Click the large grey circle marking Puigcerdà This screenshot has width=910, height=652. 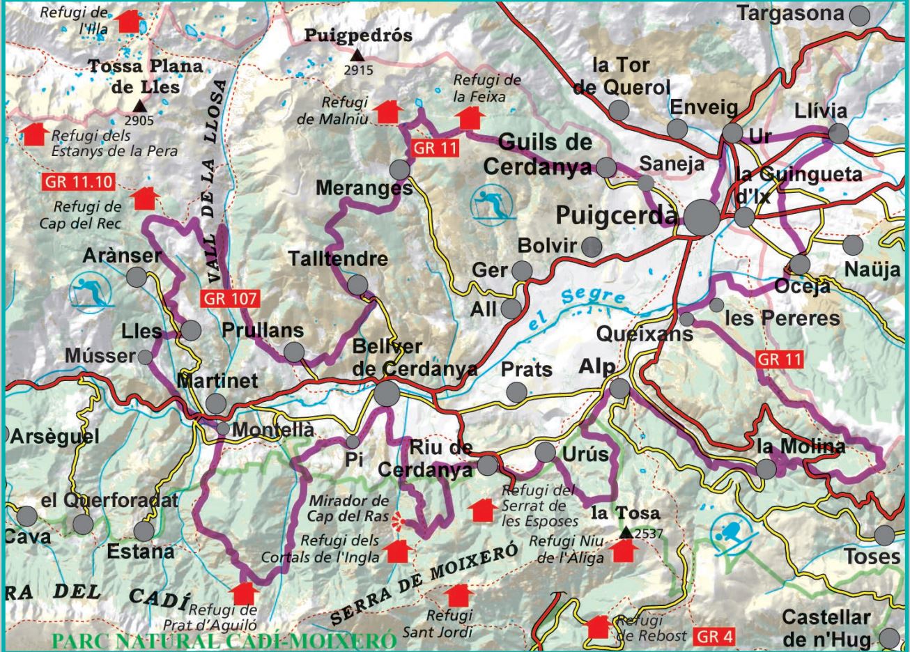702,219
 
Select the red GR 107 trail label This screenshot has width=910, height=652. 231,299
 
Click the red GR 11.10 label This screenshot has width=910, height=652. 77,183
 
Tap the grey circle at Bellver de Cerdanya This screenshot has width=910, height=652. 387,394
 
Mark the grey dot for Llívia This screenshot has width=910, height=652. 838,133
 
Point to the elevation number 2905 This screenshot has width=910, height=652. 139,121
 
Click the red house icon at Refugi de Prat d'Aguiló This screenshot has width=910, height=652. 244,593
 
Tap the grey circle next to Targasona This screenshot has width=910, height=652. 861,15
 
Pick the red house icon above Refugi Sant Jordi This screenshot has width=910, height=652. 458,596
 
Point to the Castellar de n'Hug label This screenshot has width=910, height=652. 826,628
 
